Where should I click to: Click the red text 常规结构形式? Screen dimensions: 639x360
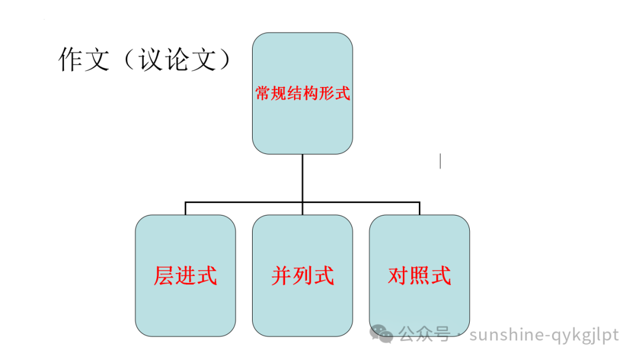(x=302, y=94)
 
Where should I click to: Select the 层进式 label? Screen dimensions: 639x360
(x=185, y=276)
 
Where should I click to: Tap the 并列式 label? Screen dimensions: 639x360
(x=302, y=276)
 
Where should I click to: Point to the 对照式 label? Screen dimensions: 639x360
(x=419, y=276)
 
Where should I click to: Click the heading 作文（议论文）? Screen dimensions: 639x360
(x=144, y=60)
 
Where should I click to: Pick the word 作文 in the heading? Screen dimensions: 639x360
(x=83, y=60)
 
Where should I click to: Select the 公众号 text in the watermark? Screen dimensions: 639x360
(x=424, y=335)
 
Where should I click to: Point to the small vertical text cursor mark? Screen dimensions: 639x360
(x=440, y=160)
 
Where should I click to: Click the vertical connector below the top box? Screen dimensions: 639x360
(x=302, y=178)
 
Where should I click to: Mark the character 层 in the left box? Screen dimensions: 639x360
(x=164, y=276)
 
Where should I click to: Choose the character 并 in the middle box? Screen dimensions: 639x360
(x=282, y=276)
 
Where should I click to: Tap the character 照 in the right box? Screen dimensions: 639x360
(x=419, y=276)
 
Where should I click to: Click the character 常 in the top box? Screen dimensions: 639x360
(x=262, y=94)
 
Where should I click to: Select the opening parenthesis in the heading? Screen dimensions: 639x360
(x=127, y=60)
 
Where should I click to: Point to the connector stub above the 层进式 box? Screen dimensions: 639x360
(x=185, y=208)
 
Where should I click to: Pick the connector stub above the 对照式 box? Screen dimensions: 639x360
(x=419, y=208)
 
